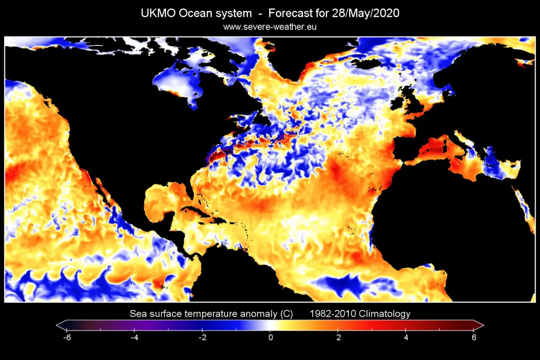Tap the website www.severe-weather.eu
[270, 27]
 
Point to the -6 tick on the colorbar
[67, 337]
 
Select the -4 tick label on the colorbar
[134, 337]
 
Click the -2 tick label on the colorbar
[202, 337]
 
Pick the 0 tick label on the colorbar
[270, 337]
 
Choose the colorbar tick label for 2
[338, 337]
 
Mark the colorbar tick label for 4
[406, 337]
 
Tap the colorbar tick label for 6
[474, 337]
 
